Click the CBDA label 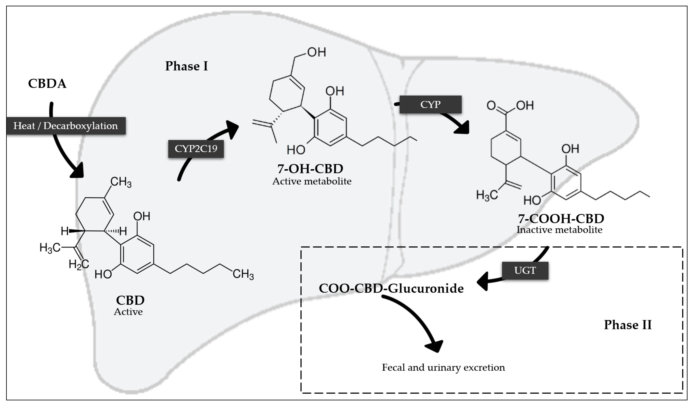click(47, 84)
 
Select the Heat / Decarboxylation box click(66, 126)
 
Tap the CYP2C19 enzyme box click(196, 149)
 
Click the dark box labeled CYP click(430, 104)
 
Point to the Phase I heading click(186, 66)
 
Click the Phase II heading click(628, 325)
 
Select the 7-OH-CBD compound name click(310, 169)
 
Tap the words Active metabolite click(312, 181)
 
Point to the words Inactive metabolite click(559, 230)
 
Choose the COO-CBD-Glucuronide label click(391, 288)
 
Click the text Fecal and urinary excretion click(443, 367)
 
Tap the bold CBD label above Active click(130, 300)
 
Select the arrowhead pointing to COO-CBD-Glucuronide click(483, 281)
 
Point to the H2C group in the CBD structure click(78, 264)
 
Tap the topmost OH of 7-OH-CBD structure click(316, 52)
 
